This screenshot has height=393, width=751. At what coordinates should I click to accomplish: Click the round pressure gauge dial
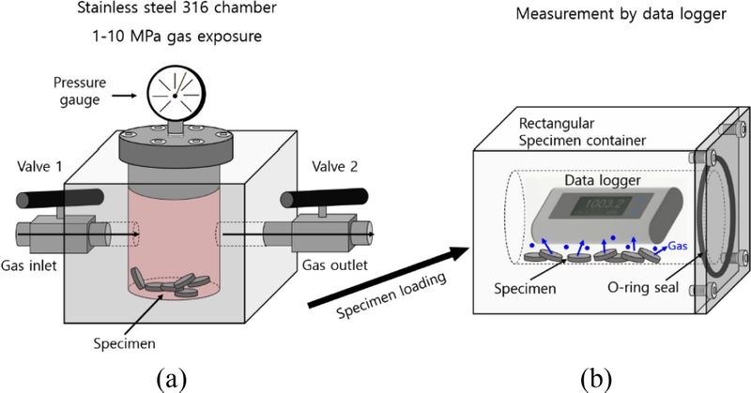click(x=173, y=96)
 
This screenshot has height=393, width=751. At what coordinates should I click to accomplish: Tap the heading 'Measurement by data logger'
click(x=606, y=16)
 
